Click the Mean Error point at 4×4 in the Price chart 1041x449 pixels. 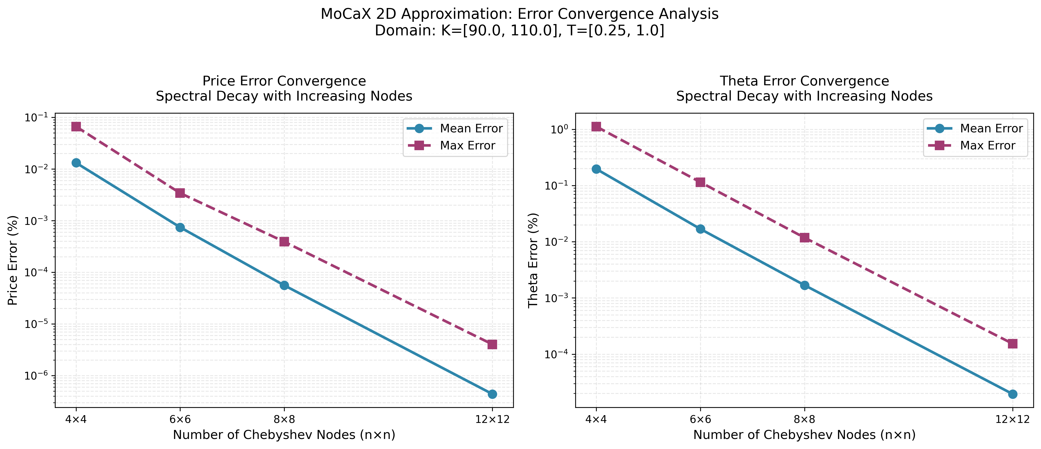point(76,163)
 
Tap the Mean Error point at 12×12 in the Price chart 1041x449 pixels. point(492,394)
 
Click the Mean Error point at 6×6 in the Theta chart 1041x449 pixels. point(700,229)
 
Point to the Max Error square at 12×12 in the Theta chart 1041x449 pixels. point(1012,344)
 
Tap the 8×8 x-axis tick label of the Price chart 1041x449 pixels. point(284,419)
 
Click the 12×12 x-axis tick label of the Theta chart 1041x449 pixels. point(1012,419)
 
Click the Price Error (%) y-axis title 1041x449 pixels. point(13,260)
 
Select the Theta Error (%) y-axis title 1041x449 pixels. point(533,260)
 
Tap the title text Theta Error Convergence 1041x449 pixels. point(804,81)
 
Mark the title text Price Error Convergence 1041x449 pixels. point(284,81)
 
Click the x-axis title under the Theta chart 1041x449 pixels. point(804,435)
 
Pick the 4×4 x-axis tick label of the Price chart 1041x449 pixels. point(76,419)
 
